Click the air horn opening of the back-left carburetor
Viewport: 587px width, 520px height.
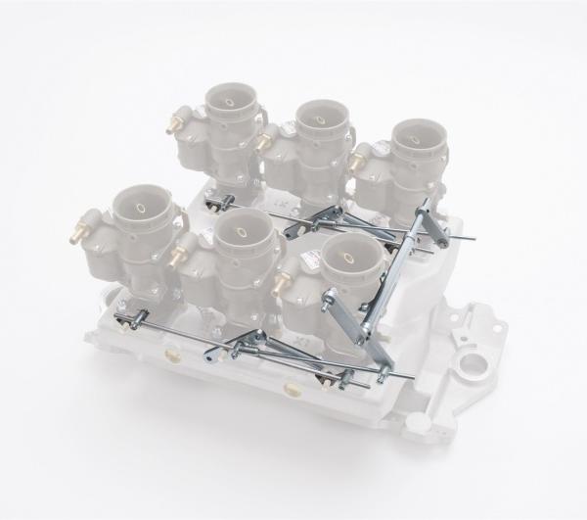coord(232,102)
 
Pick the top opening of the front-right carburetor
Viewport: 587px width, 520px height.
coord(347,256)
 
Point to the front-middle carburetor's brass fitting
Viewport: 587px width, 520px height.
coord(177,256)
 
